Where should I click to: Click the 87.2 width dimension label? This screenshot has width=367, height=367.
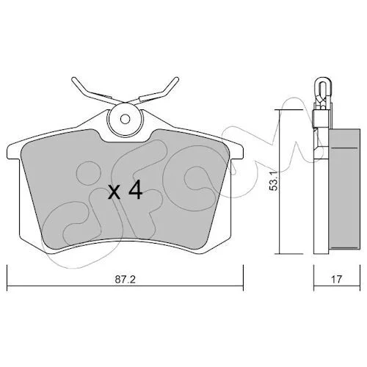(x=125, y=280)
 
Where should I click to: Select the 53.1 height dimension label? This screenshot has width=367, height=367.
(x=273, y=181)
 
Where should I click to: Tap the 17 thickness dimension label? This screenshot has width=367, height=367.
(x=336, y=279)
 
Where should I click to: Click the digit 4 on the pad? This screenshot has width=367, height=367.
(x=135, y=189)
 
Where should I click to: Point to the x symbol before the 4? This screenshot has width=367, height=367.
(x=115, y=192)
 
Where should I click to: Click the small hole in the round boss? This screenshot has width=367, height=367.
(x=126, y=120)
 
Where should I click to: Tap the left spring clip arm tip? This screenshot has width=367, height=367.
(x=73, y=79)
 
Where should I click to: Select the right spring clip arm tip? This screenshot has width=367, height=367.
(x=177, y=79)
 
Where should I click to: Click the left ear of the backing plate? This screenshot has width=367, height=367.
(x=13, y=152)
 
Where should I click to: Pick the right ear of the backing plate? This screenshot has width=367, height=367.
(x=237, y=152)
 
